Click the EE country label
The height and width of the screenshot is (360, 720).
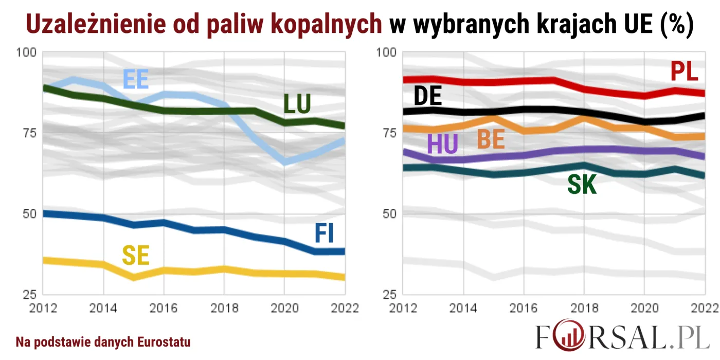[136, 80]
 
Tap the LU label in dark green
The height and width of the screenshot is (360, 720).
[297, 104]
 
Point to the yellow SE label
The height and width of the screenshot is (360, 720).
[136, 256]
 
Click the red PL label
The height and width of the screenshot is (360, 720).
[685, 71]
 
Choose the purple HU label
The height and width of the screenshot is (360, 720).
[442, 145]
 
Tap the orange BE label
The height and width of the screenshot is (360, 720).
[491, 139]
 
